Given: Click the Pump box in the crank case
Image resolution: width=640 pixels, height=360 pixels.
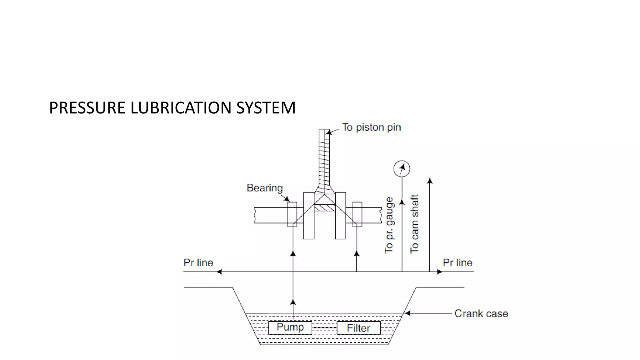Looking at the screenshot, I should point(290,327).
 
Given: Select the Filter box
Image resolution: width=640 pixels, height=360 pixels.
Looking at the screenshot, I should point(358,328).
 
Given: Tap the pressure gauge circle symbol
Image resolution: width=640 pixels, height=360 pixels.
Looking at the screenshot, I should point(402,169).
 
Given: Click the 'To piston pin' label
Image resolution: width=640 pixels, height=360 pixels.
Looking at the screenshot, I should point(371,127).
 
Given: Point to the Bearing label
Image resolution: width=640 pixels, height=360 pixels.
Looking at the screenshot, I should point(264,188).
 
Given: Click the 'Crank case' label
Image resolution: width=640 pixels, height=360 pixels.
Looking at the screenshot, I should point(481,313).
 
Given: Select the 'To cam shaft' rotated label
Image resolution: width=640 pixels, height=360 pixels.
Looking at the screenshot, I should point(414,224).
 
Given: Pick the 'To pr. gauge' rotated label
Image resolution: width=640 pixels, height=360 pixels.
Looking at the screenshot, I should point(389,225).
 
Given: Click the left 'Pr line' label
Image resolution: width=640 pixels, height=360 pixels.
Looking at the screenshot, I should point(198,262).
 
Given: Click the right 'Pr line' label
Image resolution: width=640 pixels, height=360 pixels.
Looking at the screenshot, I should point(457,262).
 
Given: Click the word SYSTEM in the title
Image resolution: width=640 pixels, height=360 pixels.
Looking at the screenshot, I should point(266,108).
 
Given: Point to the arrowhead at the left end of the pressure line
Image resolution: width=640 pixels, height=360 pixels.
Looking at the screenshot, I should point(219,272).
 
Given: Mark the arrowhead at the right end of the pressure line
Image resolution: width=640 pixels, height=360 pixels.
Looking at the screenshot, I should point(440,272).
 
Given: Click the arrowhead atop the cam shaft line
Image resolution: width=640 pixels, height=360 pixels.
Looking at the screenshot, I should point(430,181).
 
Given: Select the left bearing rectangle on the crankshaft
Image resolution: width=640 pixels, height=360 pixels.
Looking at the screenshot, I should point(292,214).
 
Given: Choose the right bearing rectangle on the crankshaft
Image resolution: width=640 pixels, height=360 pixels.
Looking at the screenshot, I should point(357,214).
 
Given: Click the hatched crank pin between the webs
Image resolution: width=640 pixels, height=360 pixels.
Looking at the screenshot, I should point(324,208).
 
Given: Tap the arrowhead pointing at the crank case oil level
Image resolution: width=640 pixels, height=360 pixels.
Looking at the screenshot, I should point(407,313).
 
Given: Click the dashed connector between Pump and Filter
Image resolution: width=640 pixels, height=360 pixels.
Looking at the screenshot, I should point(324,328).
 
